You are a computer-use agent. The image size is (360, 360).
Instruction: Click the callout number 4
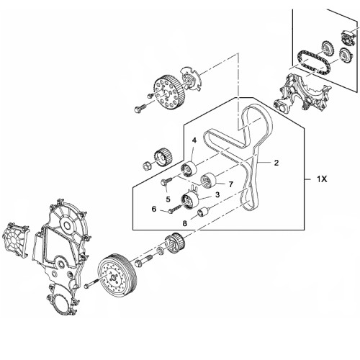click(x=194, y=140)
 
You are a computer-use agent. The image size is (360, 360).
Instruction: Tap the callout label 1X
click(x=322, y=179)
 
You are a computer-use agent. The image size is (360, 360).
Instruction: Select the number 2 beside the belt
click(x=276, y=163)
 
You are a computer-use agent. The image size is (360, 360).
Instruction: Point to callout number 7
click(x=231, y=184)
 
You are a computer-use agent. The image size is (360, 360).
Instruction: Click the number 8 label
click(x=184, y=223)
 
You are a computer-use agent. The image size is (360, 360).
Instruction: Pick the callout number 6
click(x=154, y=209)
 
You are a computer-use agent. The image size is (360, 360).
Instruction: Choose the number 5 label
click(x=168, y=199)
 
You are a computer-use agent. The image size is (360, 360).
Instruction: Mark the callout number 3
click(x=217, y=194)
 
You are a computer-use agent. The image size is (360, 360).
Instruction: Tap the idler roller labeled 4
click(x=189, y=169)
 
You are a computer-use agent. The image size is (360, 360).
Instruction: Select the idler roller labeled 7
click(x=208, y=180)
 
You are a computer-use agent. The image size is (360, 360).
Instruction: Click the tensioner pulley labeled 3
click(x=190, y=201)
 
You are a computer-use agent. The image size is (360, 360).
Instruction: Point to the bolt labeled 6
click(x=175, y=208)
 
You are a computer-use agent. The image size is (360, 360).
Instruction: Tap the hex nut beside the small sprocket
click(x=146, y=166)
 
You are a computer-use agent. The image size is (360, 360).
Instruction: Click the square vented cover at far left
click(x=15, y=239)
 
